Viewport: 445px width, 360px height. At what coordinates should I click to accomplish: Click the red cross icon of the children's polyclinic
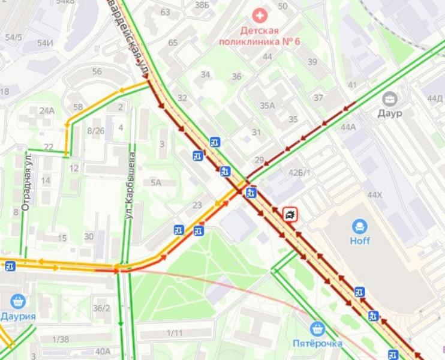point(259,15)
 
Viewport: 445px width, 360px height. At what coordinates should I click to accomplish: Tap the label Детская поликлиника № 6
point(259,36)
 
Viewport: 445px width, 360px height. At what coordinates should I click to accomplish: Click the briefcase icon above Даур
point(390,98)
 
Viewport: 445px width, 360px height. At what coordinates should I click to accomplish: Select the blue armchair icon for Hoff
point(360,226)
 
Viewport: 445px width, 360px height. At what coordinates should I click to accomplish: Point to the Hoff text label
point(360,241)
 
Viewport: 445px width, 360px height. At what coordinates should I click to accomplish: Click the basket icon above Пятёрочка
point(318,328)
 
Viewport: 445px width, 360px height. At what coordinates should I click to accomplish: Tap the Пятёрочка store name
point(318,343)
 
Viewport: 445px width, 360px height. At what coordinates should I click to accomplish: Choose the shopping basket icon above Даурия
point(17,301)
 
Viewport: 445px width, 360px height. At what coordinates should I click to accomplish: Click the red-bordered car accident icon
point(290,214)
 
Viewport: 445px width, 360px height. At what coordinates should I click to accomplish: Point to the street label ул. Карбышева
point(130,185)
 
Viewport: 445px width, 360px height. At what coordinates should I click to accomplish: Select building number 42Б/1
point(300,173)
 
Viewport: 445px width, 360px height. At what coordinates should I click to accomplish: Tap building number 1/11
point(175,333)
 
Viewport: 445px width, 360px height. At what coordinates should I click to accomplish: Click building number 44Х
point(375,195)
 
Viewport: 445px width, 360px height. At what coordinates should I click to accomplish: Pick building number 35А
point(267,106)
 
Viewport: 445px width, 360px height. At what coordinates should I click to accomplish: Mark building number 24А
point(47,110)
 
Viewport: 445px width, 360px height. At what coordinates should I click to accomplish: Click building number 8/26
point(96,130)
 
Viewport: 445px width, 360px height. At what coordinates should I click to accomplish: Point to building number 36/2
point(101,308)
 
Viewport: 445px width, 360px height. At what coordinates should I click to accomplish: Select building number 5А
point(156,182)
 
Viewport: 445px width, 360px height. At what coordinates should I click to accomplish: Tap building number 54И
point(45,43)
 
